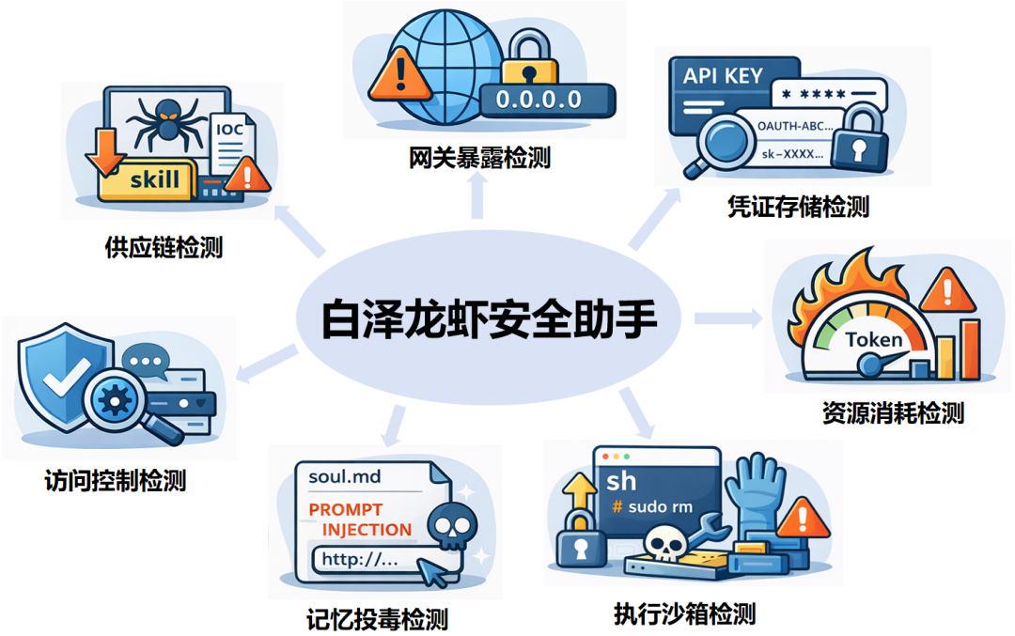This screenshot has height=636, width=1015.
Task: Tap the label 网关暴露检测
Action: (479, 157)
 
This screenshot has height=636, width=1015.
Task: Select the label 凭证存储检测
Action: (798, 206)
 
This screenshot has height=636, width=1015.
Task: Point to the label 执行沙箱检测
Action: (684, 614)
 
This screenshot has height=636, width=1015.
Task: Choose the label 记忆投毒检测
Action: (377, 619)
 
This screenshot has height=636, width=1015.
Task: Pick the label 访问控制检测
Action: (115, 481)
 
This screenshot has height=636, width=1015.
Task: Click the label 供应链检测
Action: (164, 248)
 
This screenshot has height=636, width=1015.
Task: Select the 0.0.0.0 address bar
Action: (546, 99)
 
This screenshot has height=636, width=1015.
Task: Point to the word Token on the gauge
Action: (874, 340)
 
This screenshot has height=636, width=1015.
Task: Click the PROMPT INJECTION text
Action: (361, 520)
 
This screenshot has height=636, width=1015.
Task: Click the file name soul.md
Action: (345, 476)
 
